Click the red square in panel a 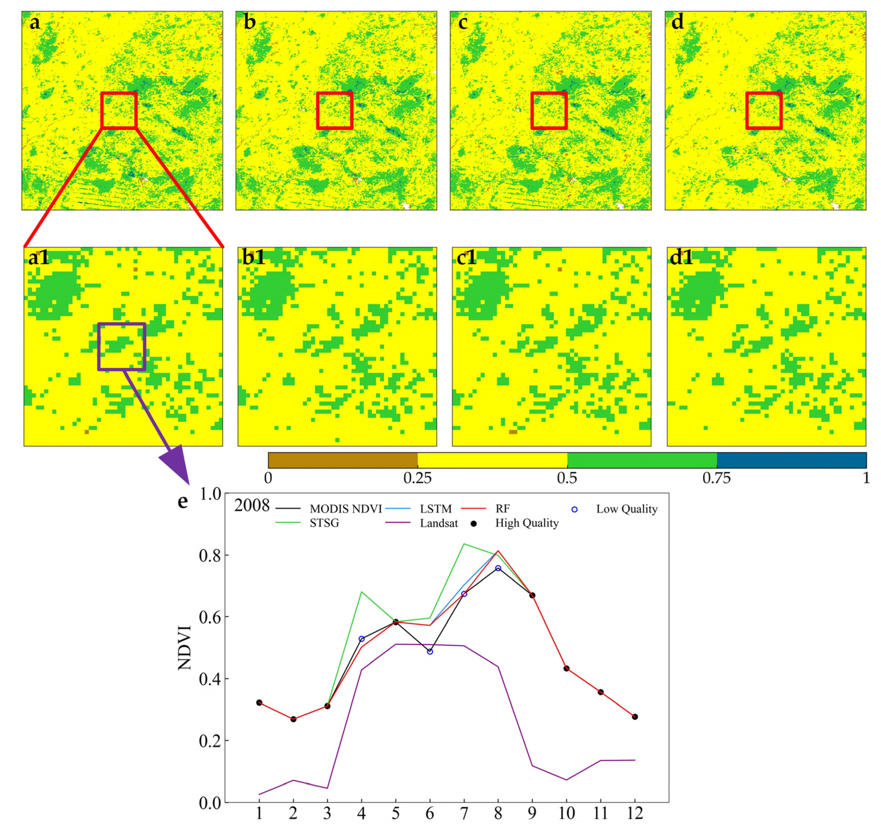point(119,111)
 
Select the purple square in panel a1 point(122,346)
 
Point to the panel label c point(463,22)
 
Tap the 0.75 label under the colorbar point(716,478)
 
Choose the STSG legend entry point(324,523)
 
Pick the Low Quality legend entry point(626,509)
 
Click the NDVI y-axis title point(184,648)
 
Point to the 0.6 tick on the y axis point(210,617)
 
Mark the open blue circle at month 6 point(429,651)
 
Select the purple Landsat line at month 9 point(532,766)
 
